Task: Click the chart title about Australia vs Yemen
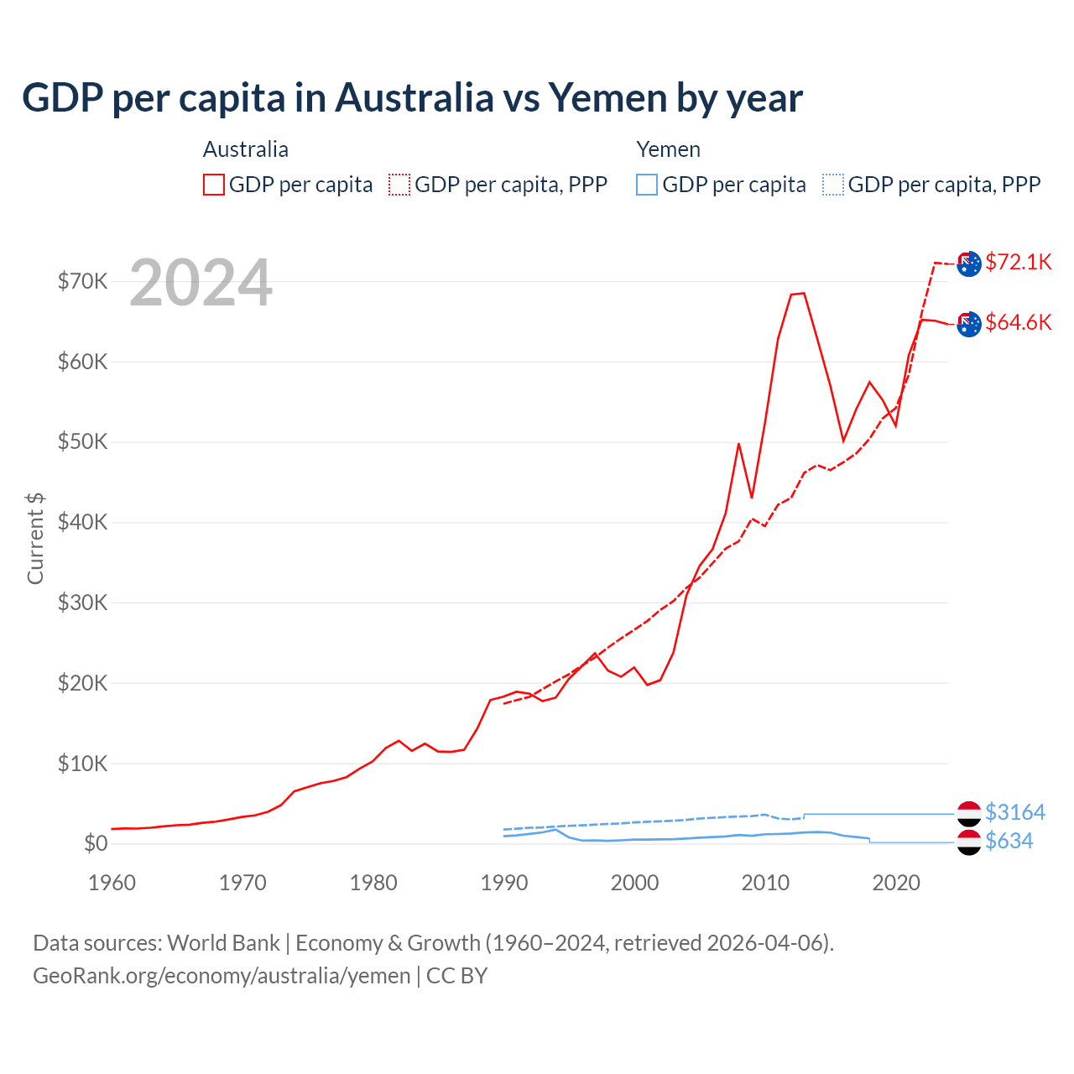click(x=412, y=98)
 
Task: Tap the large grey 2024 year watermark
click(x=201, y=284)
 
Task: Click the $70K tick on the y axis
click(x=83, y=281)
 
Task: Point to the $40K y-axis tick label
click(x=83, y=522)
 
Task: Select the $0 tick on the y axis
click(x=96, y=843)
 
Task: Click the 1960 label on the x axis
click(x=112, y=883)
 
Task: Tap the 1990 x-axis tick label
click(x=504, y=883)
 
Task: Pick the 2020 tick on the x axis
click(x=896, y=883)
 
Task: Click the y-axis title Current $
click(x=35, y=538)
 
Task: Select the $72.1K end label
click(x=1018, y=262)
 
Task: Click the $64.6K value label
click(x=1018, y=322)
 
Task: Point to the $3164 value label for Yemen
click(x=1014, y=812)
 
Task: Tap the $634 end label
click(x=1009, y=841)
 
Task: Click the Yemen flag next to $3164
click(x=969, y=813)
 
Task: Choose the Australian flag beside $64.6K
click(x=969, y=324)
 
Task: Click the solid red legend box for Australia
click(x=214, y=185)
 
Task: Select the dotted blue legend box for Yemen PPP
click(x=833, y=185)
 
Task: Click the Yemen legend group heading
click(x=668, y=149)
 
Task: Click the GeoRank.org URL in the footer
click(x=222, y=976)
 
